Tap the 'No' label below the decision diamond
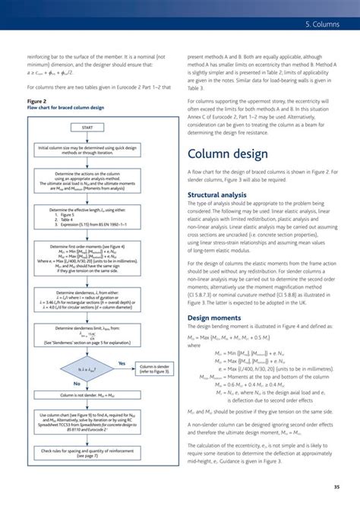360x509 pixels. tap(77, 384)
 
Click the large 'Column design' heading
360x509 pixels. tap(228, 155)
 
